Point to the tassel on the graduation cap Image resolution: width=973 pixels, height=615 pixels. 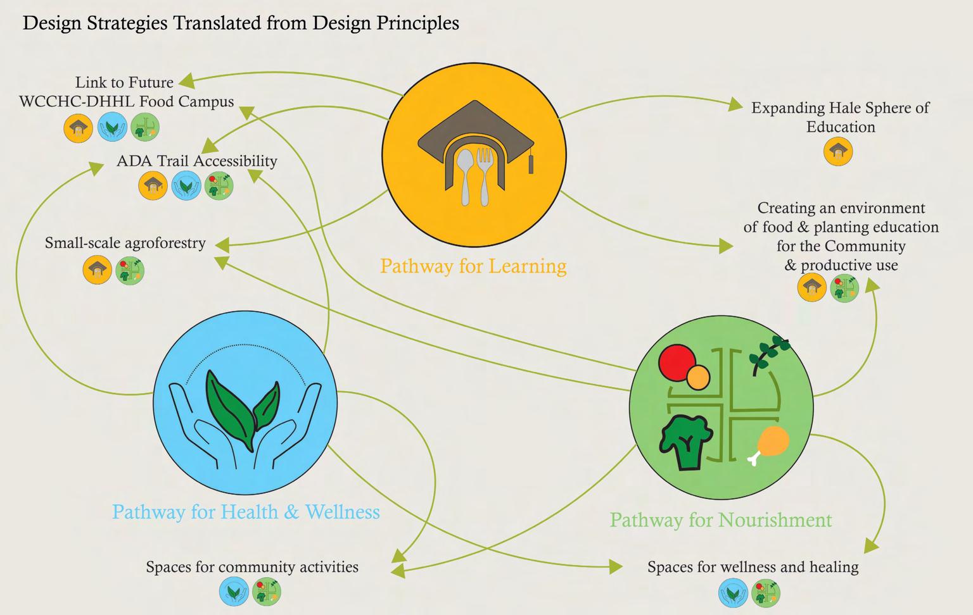[x=531, y=161]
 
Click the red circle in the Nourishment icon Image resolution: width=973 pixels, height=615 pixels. [x=676, y=361]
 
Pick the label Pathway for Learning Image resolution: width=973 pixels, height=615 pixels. [x=473, y=266]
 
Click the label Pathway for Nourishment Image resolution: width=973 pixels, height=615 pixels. [x=720, y=520]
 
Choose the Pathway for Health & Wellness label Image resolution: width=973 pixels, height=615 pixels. [x=246, y=512]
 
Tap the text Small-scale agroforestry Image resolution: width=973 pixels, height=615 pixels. [x=125, y=243]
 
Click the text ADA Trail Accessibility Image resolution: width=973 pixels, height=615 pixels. [x=197, y=161]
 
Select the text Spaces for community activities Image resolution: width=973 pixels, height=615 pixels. [x=252, y=567]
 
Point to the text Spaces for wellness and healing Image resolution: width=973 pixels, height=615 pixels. [x=753, y=567]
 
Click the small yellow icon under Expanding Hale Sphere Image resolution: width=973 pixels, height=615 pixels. [x=838, y=152]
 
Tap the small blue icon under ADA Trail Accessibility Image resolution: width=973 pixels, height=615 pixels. [x=186, y=186]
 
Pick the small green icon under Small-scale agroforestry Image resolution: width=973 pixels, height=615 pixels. [x=130, y=270]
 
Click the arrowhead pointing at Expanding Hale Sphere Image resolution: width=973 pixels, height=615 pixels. [x=735, y=104]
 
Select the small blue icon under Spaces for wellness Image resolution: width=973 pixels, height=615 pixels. [x=733, y=594]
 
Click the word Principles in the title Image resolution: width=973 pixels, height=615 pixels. [x=417, y=23]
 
